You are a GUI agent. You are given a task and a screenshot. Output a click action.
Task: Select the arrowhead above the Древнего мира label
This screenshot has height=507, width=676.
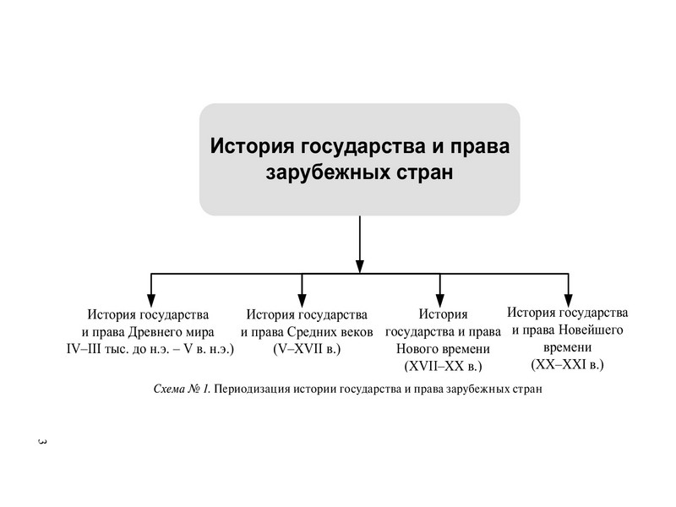[151, 298]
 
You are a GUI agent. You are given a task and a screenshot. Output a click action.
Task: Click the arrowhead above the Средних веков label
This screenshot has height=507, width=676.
[303, 298]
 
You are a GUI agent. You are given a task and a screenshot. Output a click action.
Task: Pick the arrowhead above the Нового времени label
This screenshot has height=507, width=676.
[439, 298]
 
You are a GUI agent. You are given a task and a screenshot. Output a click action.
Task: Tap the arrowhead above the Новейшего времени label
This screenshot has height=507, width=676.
[568, 298]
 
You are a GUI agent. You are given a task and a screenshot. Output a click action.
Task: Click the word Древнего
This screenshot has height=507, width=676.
[166, 331]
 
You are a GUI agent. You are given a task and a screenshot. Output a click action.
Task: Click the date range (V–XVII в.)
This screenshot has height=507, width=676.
[307, 348]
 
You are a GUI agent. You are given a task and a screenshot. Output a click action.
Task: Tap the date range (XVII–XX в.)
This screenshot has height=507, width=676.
[444, 367]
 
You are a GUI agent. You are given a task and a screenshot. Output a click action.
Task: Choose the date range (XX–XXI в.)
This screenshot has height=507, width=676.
[567, 364]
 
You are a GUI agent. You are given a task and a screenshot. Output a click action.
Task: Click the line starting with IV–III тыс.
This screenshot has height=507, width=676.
[150, 348]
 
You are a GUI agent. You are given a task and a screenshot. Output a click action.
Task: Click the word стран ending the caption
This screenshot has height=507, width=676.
[525, 390]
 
